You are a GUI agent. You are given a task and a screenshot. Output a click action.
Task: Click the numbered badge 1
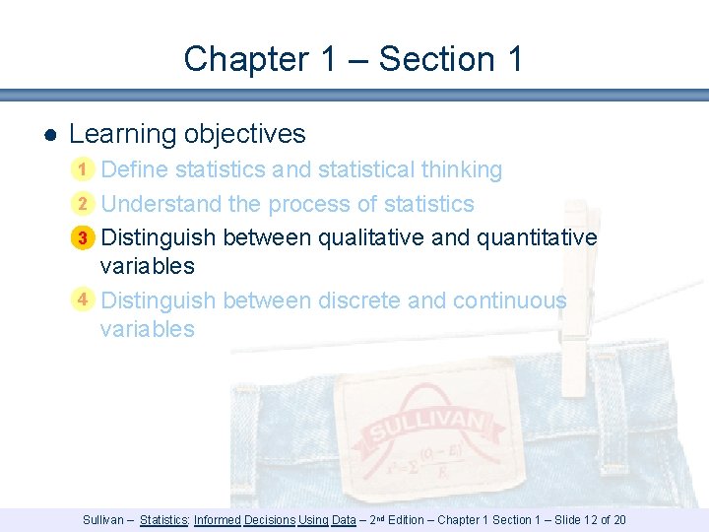click(85, 170)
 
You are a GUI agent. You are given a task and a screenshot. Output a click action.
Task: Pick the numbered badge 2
click(85, 205)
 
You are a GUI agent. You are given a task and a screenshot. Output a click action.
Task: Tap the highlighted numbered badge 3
click(85, 238)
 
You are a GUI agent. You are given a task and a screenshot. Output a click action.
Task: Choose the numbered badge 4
click(85, 299)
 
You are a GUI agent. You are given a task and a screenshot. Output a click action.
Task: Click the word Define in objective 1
click(135, 169)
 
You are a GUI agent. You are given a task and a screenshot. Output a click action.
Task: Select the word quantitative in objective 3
click(537, 237)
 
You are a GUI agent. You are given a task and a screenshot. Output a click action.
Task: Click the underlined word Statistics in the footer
click(164, 520)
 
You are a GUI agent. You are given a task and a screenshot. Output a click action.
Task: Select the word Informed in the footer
click(218, 520)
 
